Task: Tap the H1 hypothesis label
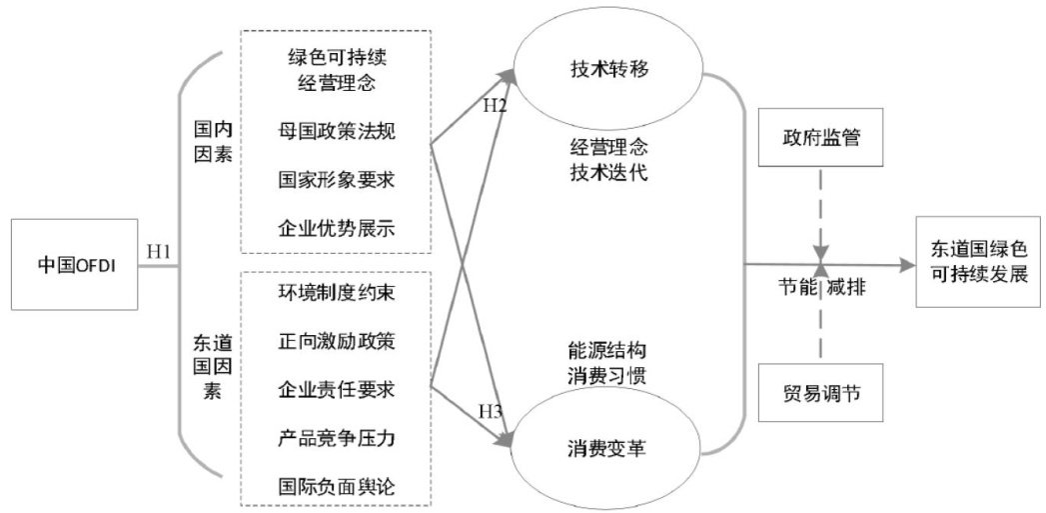point(161,251)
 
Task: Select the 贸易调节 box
point(820,390)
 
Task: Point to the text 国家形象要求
point(337,179)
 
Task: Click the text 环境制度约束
point(337,291)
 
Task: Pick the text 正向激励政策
point(337,340)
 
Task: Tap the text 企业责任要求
point(337,389)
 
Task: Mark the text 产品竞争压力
point(337,438)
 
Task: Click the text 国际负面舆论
point(337,487)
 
